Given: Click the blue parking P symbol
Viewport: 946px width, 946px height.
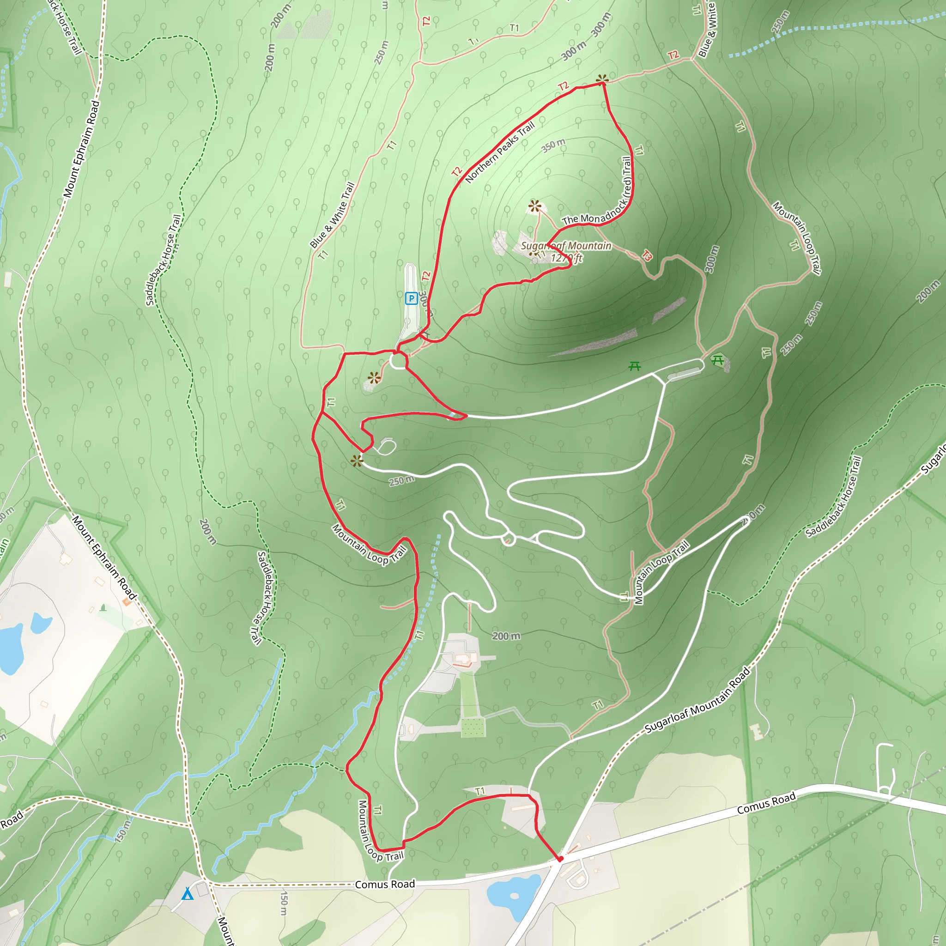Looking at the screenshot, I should coord(411,298).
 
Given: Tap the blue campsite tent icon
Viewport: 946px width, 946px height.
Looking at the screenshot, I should coord(188,894).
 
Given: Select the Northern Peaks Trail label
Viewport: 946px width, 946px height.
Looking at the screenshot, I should coord(499,152).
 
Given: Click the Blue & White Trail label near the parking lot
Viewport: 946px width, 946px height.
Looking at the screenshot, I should coord(332,215).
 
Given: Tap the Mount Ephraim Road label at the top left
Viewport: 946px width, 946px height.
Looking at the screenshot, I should coord(81,149).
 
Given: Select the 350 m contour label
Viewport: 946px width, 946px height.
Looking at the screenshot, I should coord(553,146).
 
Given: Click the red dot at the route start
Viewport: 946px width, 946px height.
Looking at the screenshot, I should coord(561,859).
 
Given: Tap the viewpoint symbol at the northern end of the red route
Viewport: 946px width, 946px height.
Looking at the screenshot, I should coord(602,79).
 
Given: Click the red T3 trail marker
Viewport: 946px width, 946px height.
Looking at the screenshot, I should coord(647,255).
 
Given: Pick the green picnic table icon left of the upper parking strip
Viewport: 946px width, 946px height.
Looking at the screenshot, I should coord(635,366).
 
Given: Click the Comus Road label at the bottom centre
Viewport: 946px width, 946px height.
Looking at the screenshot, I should coord(385,884).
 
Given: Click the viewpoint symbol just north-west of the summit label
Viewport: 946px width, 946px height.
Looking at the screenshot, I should coord(534,206).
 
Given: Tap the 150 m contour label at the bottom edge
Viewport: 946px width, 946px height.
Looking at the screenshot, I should coord(284,904).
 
